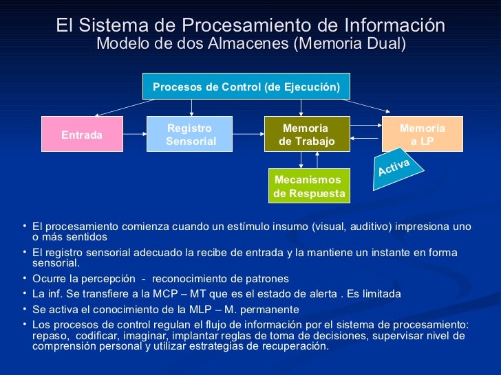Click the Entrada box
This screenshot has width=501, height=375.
tap(82, 135)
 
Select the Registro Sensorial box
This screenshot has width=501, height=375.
tap(191, 135)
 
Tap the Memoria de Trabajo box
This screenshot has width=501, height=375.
tap(307, 135)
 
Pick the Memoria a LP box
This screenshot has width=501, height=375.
tap(423, 135)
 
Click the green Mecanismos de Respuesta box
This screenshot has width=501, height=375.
tap(309, 186)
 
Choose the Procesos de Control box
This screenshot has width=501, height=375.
tap(246, 87)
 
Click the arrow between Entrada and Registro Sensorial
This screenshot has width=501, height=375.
tap(135, 134)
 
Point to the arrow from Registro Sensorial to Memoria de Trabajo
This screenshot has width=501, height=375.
tap(248, 134)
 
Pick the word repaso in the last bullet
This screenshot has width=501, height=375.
tap(50, 335)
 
